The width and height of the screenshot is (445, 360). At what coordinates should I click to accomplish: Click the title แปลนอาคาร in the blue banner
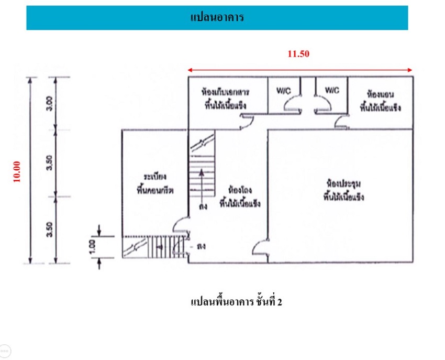[217, 18]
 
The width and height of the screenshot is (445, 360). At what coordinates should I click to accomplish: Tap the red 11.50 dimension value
[298, 53]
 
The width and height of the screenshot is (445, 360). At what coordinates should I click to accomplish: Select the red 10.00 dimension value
[17, 171]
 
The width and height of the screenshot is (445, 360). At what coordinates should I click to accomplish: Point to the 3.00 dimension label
[48, 103]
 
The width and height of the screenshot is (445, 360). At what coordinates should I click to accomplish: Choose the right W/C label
[332, 90]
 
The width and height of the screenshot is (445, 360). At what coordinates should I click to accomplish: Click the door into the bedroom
[342, 124]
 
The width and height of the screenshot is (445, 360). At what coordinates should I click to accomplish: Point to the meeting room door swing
[260, 247]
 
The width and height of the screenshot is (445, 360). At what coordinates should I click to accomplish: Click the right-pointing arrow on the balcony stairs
[161, 246]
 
